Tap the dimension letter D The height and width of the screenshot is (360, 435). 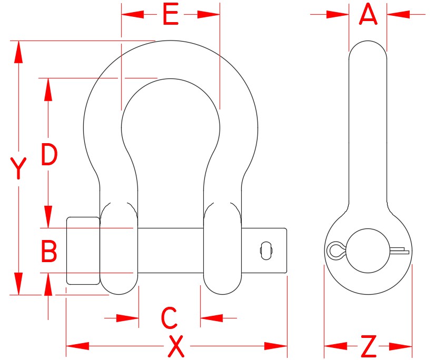[x=49, y=155]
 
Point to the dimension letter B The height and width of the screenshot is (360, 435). [x=49, y=252]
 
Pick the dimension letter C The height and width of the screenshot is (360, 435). [x=169, y=318]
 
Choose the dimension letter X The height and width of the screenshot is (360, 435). [x=176, y=346]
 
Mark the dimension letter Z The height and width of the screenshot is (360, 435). [x=369, y=346]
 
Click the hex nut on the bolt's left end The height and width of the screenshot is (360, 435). [x=83, y=251]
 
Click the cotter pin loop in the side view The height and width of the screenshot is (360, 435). [x=335, y=249]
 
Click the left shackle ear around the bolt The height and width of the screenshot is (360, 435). [x=119, y=247]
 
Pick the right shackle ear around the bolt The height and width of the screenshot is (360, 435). [x=222, y=247]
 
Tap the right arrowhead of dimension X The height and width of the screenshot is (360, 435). [x=276, y=346]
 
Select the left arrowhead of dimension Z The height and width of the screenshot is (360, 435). [x=335, y=346]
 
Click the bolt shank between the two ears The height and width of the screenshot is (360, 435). [x=171, y=251]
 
